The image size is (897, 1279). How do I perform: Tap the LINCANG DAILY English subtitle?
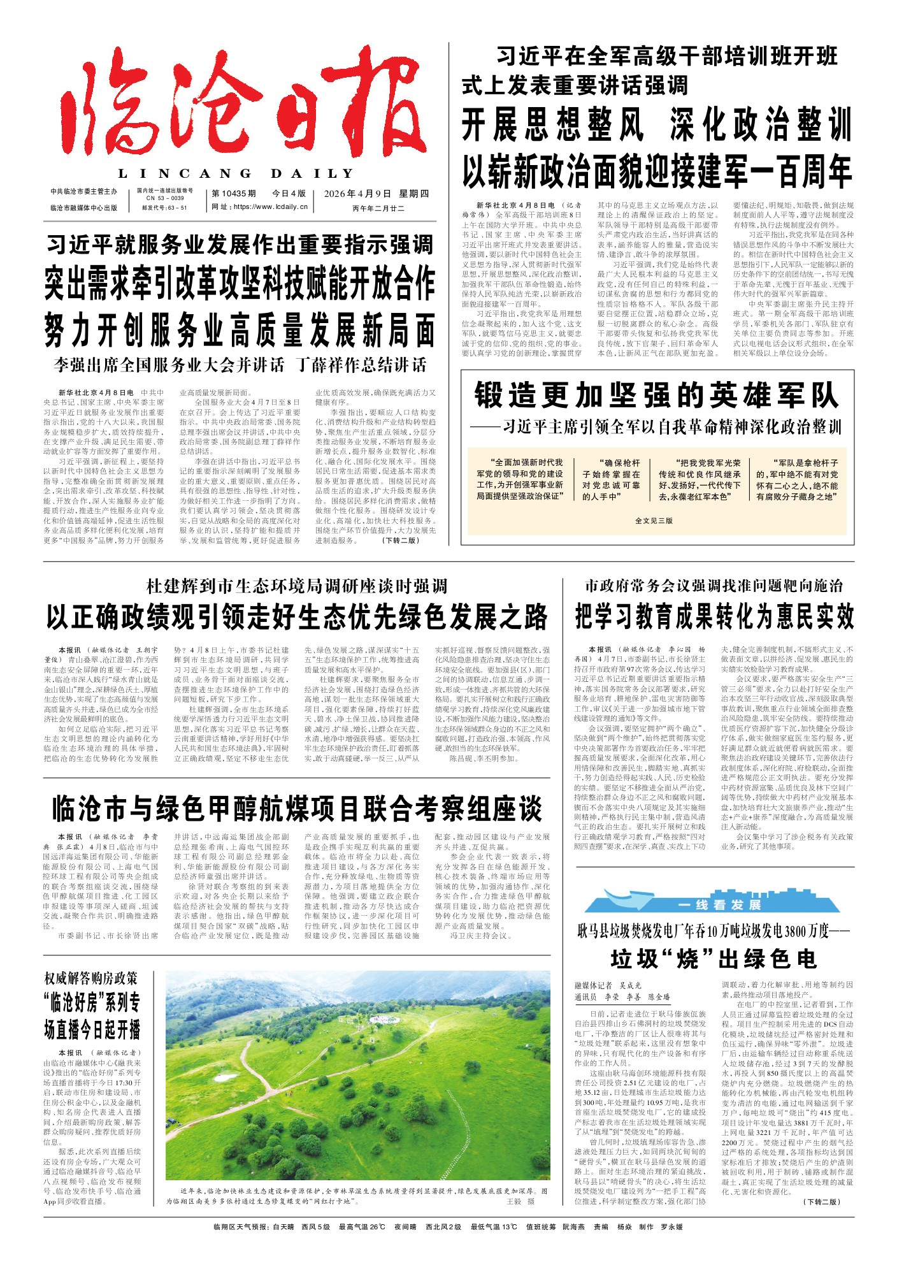pyautogui.click(x=236, y=173)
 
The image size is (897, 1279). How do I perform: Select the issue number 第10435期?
pyautogui.click(x=234, y=194)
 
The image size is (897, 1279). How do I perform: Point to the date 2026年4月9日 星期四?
pyautogui.click(x=376, y=194)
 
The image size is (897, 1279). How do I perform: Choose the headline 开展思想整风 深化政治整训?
pyautogui.click(x=656, y=125)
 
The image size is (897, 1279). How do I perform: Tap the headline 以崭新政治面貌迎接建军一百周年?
pyautogui.click(x=656, y=171)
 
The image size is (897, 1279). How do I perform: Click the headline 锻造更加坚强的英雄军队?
pyautogui.click(x=656, y=396)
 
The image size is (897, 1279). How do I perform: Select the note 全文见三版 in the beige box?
pyautogui.click(x=654, y=521)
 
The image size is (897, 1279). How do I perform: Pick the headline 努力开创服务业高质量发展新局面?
pyautogui.click(x=240, y=330)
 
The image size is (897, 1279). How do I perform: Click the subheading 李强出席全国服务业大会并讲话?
pyautogui.click(x=169, y=365)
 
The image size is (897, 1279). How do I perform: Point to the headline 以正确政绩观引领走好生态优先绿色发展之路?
pyautogui.click(x=297, y=617)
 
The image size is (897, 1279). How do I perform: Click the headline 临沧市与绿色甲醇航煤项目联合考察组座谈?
pyautogui.click(x=297, y=809)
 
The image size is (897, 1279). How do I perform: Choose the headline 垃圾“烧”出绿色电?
pyautogui.click(x=714, y=958)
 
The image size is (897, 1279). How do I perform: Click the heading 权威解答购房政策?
pyautogui.click(x=91, y=978)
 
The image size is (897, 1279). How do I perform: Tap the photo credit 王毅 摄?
pyautogui.click(x=520, y=1201)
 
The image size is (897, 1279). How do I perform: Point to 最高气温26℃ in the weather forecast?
pyautogui.click(x=362, y=1227)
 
